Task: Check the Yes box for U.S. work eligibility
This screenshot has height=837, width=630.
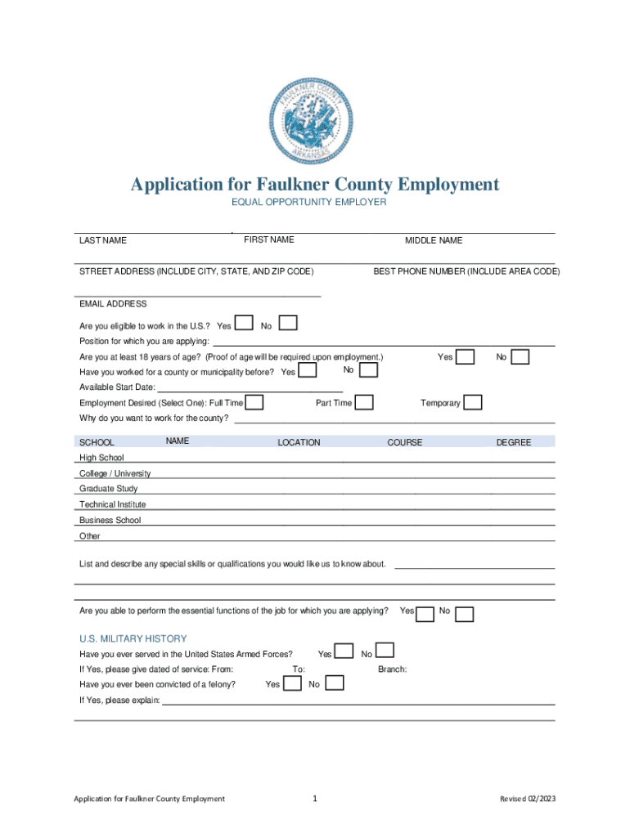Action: [x=243, y=324]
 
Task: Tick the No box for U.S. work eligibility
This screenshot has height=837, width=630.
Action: [x=288, y=324]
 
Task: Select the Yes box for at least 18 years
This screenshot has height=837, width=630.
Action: [x=465, y=357]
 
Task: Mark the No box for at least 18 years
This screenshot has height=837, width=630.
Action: [x=520, y=357]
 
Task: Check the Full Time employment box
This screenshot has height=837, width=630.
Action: [x=254, y=402]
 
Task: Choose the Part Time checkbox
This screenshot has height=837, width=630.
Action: [x=364, y=402]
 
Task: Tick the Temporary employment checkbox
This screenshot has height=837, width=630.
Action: [x=472, y=402]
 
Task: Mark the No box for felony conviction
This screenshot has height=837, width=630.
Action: [x=335, y=683]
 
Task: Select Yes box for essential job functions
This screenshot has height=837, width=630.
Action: [x=425, y=614]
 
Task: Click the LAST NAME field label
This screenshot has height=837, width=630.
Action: [x=103, y=240]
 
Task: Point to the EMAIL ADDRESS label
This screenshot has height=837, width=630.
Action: [x=113, y=304]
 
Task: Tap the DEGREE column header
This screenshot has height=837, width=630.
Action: [x=513, y=442]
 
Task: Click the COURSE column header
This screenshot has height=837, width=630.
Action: [x=405, y=442]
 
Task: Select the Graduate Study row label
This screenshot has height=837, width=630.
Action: [x=109, y=489]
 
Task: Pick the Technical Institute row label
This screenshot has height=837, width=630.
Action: [x=112, y=504]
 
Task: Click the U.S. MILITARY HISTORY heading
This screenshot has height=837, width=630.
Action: [x=133, y=638]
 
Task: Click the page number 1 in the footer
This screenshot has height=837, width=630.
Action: [x=315, y=799]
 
